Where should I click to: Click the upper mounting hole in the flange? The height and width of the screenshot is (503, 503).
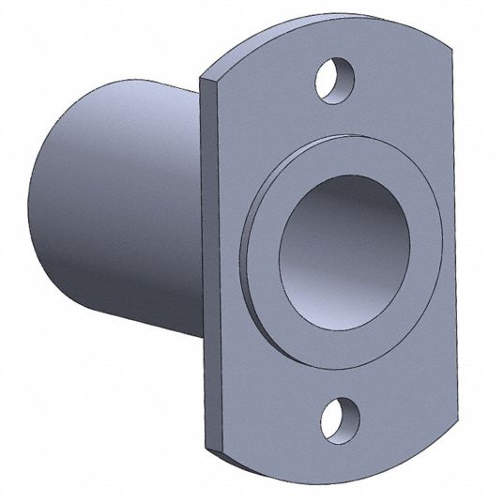pos(333,78)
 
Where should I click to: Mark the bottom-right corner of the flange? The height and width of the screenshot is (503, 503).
pos(449,441)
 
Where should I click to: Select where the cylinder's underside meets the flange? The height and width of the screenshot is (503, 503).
pos(203,336)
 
